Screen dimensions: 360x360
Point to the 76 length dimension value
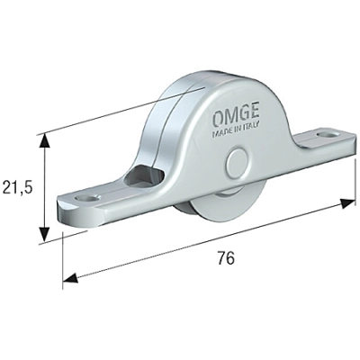(x=226, y=258)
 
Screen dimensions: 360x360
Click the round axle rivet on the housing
(x=238, y=167)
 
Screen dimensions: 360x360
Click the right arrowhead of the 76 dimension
(x=349, y=204)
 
